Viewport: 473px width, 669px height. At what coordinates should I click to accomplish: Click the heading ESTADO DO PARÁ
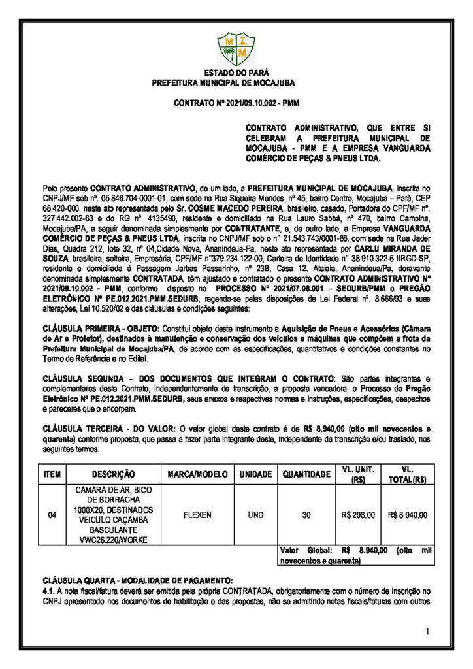coord(236,74)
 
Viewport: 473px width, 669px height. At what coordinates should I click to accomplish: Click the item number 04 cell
coord(52,515)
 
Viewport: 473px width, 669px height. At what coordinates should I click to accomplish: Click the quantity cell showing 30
coord(305,515)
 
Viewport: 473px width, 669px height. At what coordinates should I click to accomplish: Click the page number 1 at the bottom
coord(427,631)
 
